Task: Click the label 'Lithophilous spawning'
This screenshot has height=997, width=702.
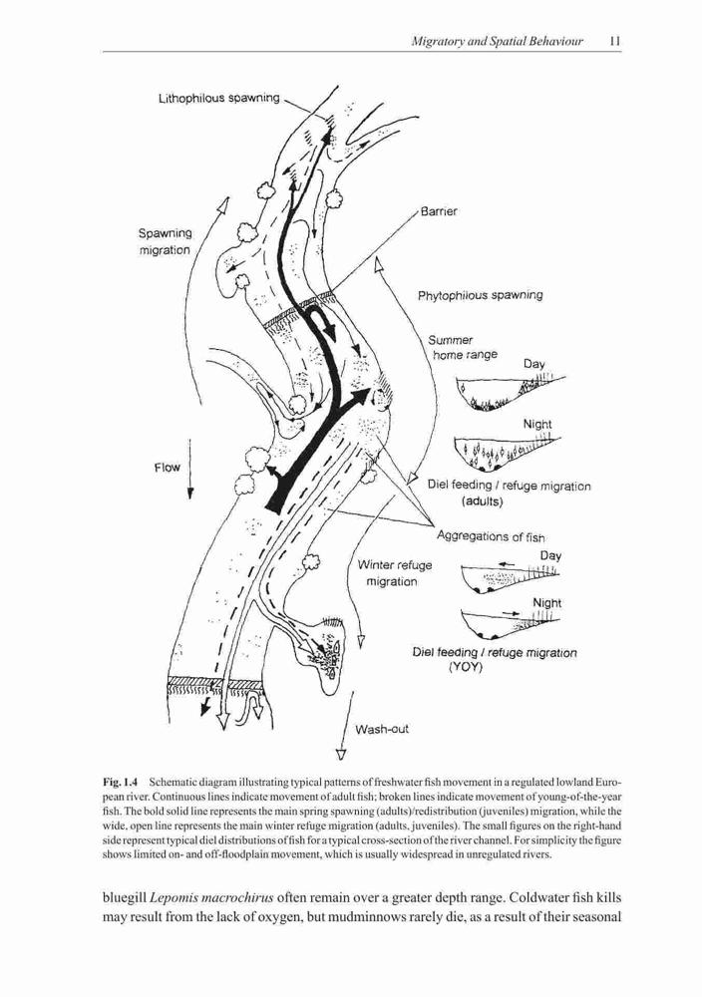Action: pos(218,98)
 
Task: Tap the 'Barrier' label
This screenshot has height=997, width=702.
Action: pos(439,211)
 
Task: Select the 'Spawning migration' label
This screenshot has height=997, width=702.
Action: pos(166,241)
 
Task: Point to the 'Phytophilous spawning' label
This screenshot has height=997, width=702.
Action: pos(480,295)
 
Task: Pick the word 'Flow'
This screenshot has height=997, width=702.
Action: pos(168,468)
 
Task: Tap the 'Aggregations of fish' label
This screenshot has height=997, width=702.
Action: pos(491,536)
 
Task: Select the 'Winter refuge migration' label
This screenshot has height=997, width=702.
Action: pos(394,573)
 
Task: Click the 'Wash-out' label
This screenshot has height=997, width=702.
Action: pos(382,729)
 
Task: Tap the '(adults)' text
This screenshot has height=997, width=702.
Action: pos(482,501)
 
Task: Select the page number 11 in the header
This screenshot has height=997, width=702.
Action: pos(614,41)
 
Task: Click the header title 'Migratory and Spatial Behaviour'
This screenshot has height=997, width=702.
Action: pos(498,42)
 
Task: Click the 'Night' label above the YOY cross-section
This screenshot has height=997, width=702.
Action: pos(546,603)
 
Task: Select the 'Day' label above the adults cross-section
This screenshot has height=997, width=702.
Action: pos(534,364)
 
